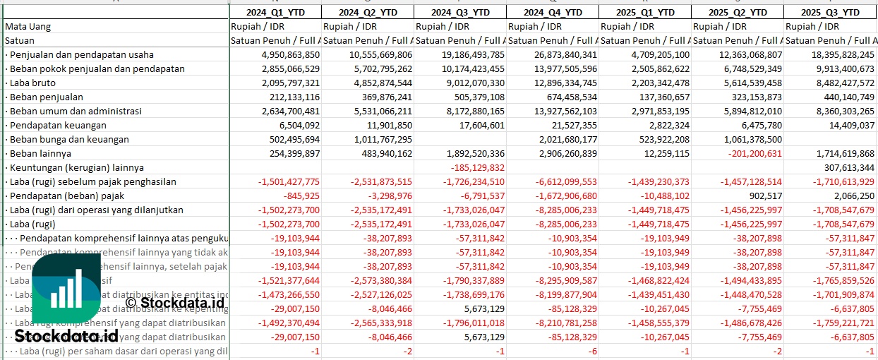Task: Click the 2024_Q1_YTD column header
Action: click(x=275, y=13)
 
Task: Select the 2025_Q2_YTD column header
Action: click(x=737, y=13)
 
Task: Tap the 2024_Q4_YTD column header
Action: click(x=552, y=13)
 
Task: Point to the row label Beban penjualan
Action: click(x=44, y=97)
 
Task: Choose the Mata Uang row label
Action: click(x=28, y=26)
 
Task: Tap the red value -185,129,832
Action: click(x=479, y=167)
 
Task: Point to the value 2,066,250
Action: click(x=855, y=196)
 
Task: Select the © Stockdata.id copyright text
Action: click(x=174, y=303)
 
